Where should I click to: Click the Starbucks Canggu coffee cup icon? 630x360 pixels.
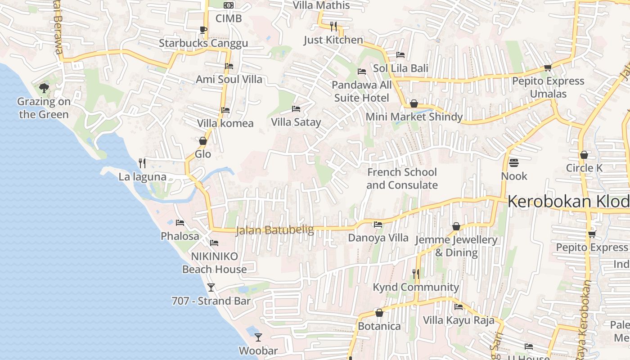click(x=203, y=30)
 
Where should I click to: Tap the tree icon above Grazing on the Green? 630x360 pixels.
click(x=44, y=88)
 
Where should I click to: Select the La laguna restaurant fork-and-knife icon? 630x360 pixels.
click(x=142, y=163)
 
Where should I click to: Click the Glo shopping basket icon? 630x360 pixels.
click(x=203, y=141)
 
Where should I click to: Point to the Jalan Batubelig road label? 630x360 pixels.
click(x=275, y=230)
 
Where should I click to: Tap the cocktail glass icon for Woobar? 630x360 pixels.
click(x=258, y=337)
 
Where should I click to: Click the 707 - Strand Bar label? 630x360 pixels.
click(x=211, y=301)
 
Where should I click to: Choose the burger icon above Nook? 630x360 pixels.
click(x=514, y=162)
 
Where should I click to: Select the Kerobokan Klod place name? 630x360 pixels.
click(x=568, y=202)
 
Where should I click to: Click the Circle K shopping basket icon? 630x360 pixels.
click(x=584, y=155)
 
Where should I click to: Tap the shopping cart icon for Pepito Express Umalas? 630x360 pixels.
click(x=548, y=68)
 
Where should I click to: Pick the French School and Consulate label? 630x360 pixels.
click(x=402, y=179)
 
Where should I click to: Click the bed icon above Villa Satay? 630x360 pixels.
click(x=296, y=109)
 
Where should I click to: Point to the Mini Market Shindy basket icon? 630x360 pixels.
click(x=414, y=103)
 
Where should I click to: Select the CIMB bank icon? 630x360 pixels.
click(x=229, y=5)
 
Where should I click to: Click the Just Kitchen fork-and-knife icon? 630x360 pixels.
click(x=333, y=26)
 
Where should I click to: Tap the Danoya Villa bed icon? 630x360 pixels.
click(x=378, y=225)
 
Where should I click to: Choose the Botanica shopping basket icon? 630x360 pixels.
click(x=379, y=313)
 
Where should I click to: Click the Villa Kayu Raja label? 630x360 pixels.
click(x=459, y=320)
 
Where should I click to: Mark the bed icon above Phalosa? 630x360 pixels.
click(x=180, y=223)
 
